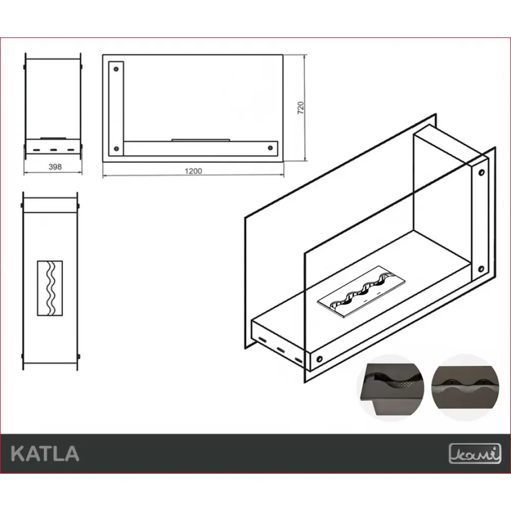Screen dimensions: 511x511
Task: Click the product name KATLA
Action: pos(45,453)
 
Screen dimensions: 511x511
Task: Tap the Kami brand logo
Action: pos(468,453)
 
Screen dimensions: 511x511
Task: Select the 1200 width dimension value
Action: pos(194,171)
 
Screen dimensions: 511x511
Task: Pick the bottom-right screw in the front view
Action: pos(270,148)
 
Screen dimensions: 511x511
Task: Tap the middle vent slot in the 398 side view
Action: pos(54,149)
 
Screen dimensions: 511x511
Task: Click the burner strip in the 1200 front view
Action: pos(200,138)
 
